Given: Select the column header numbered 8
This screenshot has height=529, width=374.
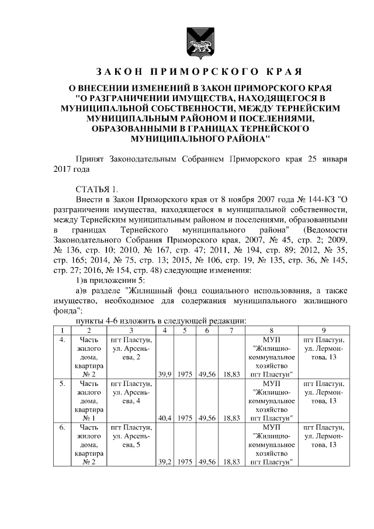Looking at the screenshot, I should tap(271, 331).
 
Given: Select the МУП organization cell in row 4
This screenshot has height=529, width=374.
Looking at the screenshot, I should tap(271, 357).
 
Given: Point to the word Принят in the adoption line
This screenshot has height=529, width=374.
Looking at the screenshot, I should tap(92, 158).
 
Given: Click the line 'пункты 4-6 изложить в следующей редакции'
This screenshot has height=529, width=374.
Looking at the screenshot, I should tap(158, 321).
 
